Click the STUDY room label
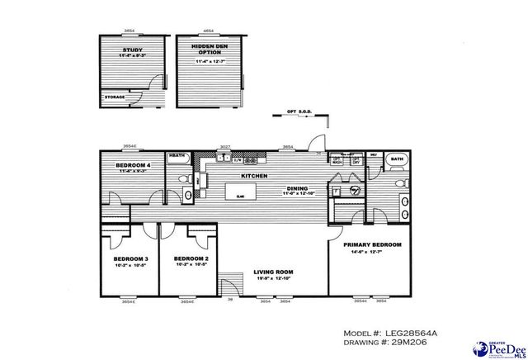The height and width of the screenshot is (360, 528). (x=130, y=49)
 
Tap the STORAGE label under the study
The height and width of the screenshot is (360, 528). (x=115, y=97)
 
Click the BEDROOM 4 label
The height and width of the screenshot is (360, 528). (x=132, y=165)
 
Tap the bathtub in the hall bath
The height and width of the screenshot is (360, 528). (x=177, y=156)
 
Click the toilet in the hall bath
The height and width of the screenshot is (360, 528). (x=188, y=194)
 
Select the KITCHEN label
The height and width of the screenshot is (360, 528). (x=253, y=176)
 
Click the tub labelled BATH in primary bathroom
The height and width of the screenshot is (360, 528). (x=397, y=159)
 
